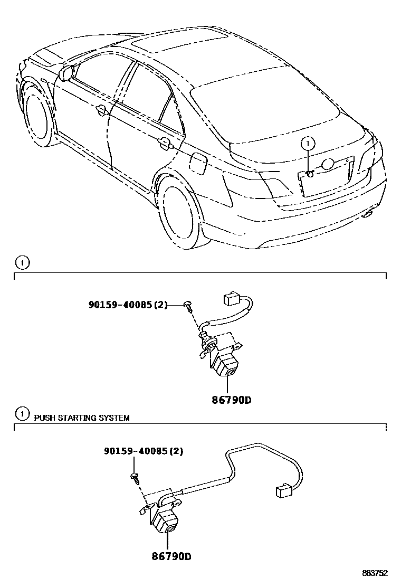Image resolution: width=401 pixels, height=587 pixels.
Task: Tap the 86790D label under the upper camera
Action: pos(231,400)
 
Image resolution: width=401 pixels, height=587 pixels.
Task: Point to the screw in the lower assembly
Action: pos(135,477)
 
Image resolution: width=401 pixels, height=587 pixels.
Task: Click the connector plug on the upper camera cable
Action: pos(232,299)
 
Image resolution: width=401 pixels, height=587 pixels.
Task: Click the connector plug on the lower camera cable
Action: pos(284,491)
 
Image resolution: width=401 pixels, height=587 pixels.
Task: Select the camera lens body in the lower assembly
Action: pos(166,520)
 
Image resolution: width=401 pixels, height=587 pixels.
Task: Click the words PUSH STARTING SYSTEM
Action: pos(82,418)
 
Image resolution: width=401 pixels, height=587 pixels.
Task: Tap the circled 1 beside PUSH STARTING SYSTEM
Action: pos(22,414)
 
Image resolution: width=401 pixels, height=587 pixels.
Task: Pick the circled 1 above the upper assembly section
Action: pos(22,262)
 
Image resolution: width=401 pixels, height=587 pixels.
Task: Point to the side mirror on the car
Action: pos(67,72)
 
